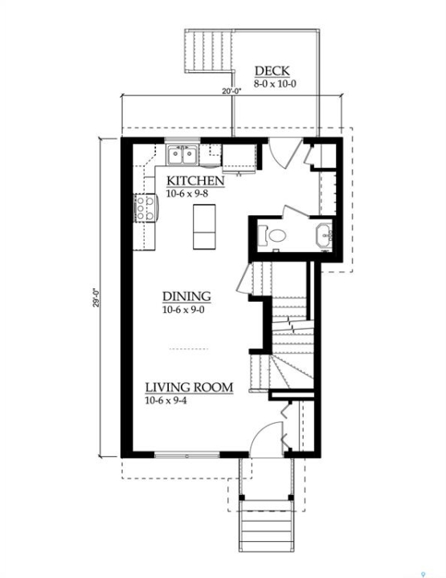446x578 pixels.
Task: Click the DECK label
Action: click(x=272, y=71)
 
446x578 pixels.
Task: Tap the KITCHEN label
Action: click(x=195, y=181)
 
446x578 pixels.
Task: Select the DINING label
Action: click(x=186, y=296)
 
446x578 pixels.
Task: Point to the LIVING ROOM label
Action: click(x=189, y=388)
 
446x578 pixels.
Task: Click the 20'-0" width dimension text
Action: click(x=231, y=91)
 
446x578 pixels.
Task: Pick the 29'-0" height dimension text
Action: click(x=97, y=298)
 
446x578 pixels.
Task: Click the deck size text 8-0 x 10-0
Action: click(x=275, y=83)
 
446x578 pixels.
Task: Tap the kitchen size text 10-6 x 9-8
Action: click(x=187, y=193)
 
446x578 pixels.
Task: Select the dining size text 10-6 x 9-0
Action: click(x=183, y=310)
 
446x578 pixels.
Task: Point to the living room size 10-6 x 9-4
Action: click(x=166, y=401)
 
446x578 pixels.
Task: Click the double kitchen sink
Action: click(x=182, y=155)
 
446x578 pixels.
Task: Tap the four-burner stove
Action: click(x=145, y=208)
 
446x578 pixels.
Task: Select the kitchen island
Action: click(x=204, y=226)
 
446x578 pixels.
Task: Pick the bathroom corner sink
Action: click(x=324, y=234)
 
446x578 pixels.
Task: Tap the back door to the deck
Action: click(x=284, y=153)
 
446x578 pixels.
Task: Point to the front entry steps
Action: click(x=266, y=525)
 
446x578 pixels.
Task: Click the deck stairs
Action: click(x=208, y=51)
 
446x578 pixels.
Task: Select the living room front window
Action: click(x=187, y=456)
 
